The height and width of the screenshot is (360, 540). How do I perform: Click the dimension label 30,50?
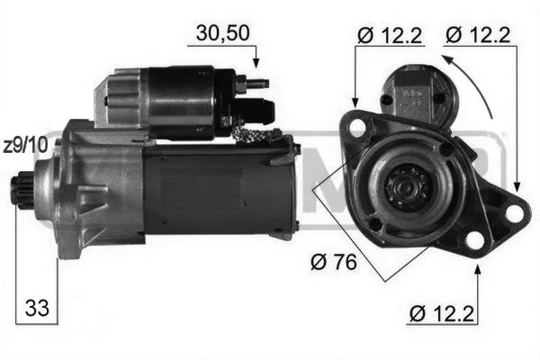tap(222, 33)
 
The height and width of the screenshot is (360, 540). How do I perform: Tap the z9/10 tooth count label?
tap(25, 146)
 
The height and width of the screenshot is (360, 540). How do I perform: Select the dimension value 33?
tap(37, 308)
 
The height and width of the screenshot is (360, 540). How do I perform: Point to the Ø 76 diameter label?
tap(334, 262)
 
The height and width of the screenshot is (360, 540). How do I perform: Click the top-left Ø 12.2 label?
tap(390, 35)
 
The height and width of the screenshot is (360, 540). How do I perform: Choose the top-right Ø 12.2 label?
tap(478, 35)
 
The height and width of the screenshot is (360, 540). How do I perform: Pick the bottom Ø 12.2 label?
tap(442, 313)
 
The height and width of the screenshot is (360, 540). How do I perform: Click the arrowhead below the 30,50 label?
tap(256, 63)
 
